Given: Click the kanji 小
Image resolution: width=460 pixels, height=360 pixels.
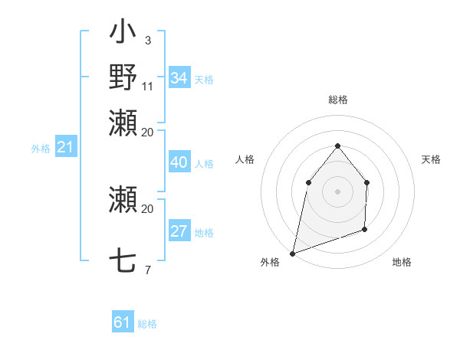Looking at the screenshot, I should click(x=123, y=34).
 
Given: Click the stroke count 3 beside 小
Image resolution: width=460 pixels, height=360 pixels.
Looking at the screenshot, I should click(x=147, y=41).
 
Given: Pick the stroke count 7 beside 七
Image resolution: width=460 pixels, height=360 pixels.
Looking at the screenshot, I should click(x=147, y=270).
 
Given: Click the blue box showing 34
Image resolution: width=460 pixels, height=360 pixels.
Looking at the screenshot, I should click(x=179, y=78).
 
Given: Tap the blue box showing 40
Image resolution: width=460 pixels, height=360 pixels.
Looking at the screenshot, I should click(x=179, y=162).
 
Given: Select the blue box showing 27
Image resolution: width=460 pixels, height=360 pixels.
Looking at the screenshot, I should click(x=179, y=231).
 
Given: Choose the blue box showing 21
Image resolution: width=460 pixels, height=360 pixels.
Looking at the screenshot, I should click(x=65, y=148).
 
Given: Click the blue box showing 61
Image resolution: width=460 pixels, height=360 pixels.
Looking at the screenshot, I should click(x=123, y=322).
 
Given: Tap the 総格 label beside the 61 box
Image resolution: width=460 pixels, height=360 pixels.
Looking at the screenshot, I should click(x=147, y=324).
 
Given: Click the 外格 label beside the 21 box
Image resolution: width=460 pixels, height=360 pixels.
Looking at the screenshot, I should click(x=41, y=149).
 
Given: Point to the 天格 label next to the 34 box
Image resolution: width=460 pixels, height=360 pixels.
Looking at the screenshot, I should click(x=204, y=79).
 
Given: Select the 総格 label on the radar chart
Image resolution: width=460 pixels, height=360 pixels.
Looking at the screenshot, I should click(x=338, y=100).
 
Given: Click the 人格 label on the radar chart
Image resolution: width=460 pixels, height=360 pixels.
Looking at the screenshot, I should click(x=245, y=159).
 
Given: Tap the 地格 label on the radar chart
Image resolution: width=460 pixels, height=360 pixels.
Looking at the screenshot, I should click(x=402, y=262).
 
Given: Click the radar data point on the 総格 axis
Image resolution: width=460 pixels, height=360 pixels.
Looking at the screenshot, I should click(x=337, y=146).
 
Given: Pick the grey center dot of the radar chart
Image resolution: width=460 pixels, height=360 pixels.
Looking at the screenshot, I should click(x=337, y=191).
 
